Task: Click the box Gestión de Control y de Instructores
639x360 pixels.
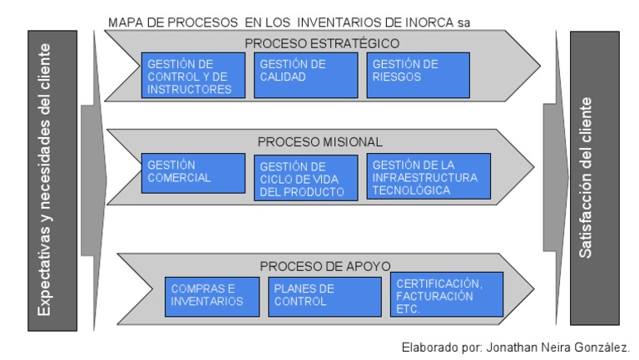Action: tap(193, 76)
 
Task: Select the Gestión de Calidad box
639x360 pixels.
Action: tap(305, 76)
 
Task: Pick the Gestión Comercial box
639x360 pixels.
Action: tap(193, 173)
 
